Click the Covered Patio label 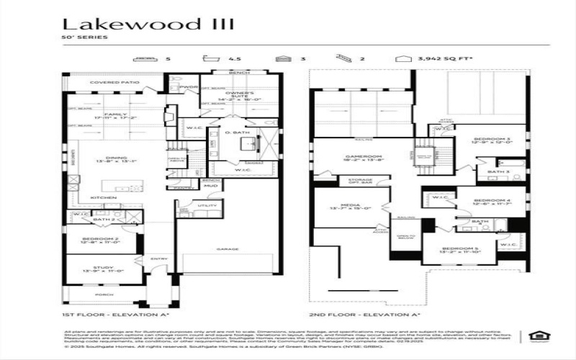coord(114,83)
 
